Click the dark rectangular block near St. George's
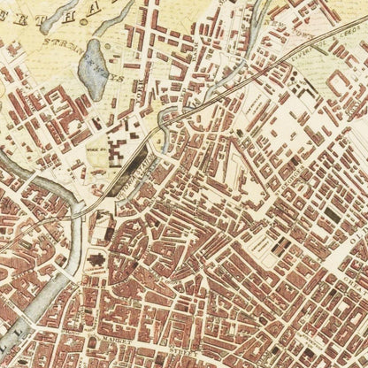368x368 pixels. pyautogui.click(x=333, y=212)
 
